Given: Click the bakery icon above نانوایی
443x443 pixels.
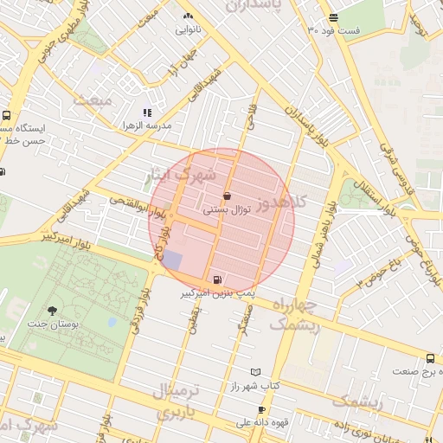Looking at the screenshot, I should (188, 16).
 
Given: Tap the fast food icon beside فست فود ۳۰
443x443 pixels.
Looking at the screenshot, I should (333, 18).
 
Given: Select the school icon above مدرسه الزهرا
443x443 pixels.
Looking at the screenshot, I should (147, 112).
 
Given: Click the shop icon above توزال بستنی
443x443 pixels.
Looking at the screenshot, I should (227, 196).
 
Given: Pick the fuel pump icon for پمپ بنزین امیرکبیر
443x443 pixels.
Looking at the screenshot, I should (215, 279).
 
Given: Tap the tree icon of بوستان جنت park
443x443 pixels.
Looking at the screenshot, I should (53, 310).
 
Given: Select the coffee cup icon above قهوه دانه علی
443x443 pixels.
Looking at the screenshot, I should (261, 409).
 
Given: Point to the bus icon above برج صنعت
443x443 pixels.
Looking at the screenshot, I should (430, 359).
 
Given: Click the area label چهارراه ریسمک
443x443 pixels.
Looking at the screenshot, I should (295, 315).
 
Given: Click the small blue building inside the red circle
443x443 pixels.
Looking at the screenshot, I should (173, 260).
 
